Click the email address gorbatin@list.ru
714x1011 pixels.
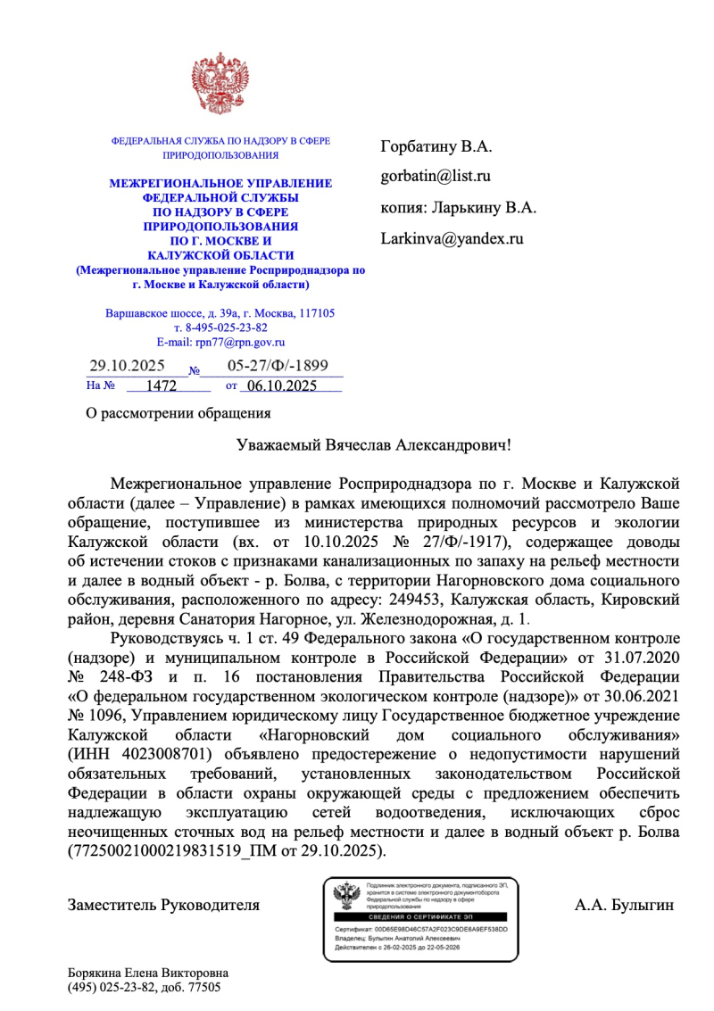(436, 176)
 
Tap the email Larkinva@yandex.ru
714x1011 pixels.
(452, 238)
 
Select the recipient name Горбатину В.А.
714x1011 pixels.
(436, 145)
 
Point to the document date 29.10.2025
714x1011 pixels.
(128, 366)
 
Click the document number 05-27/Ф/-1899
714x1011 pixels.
(278, 366)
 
